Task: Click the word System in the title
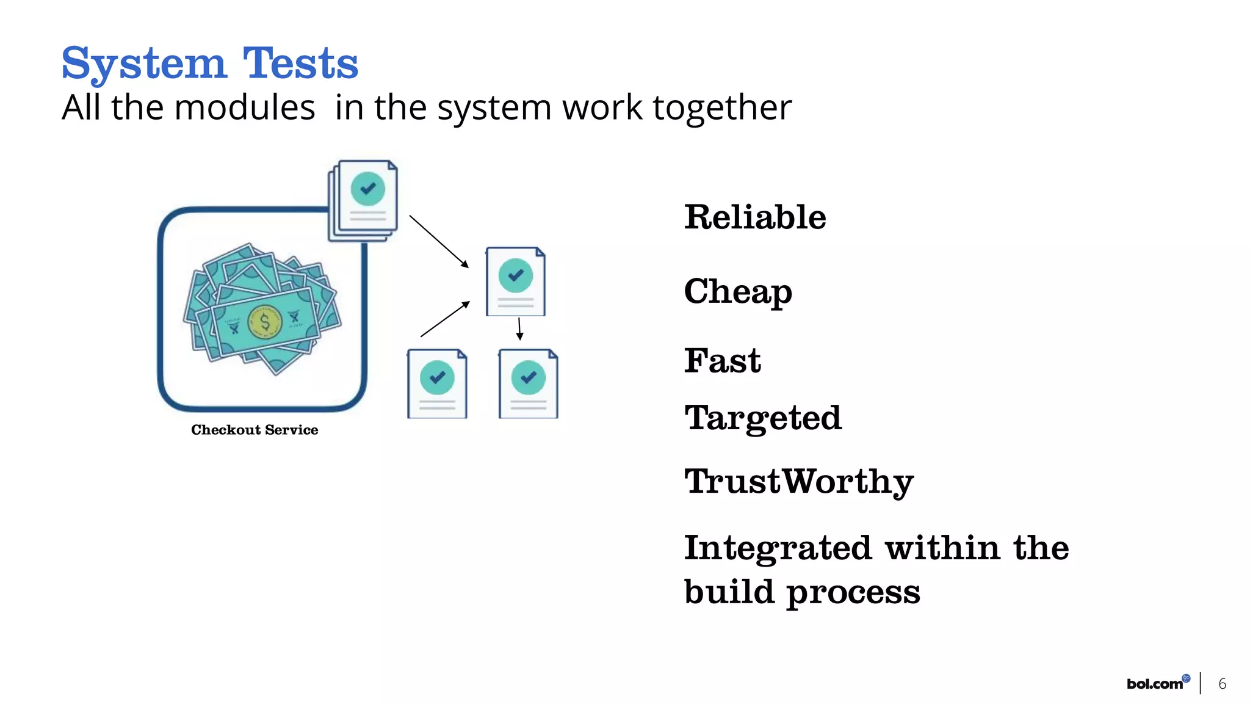(144, 64)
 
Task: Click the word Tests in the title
(300, 64)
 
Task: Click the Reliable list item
(755, 217)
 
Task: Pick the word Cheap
(738, 291)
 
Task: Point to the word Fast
(723, 360)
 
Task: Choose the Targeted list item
(763, 418)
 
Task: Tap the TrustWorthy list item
(799, 482)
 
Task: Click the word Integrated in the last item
(778, 548)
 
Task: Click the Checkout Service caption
(255, 430)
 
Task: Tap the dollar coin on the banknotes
(265, 322)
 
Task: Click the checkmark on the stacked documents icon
(368, 189)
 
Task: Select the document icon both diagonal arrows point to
(516, 281)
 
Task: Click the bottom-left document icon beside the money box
(437, 383)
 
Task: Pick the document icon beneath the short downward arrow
(529, 383)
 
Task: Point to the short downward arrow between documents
(519, 328)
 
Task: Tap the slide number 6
(1222, 684)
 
